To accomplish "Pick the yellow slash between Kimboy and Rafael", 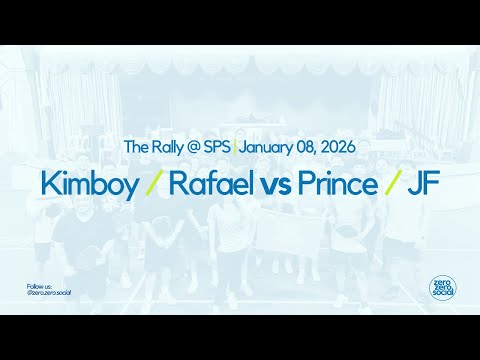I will click(x=153, y=185).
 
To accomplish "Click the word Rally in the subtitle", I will click(x=163, y=147).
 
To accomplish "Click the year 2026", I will click(x=338, y=147).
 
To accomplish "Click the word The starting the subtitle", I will click(x=134, y=147).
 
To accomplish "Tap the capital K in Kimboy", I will click(x=49, y=184).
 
